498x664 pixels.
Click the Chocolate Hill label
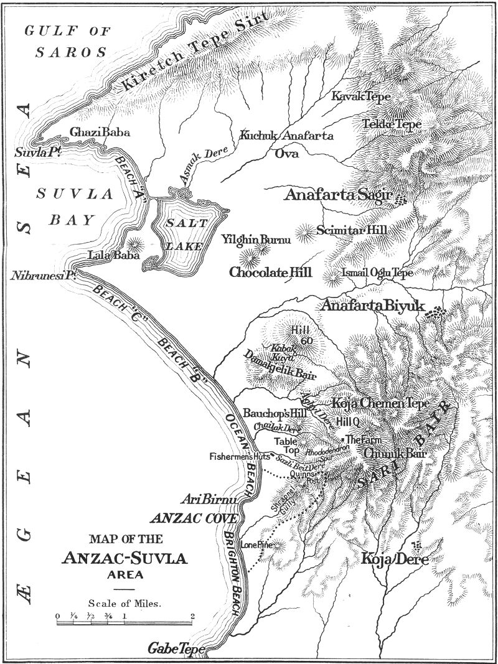[x=270, y=273]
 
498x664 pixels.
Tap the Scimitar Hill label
[x=351, y=230]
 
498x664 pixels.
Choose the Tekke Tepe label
[x=392, y=124]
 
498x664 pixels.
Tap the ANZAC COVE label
[x=194, y=518]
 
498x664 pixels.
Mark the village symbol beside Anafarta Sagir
[x=401, y=199]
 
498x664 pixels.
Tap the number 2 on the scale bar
[x=194, y=615]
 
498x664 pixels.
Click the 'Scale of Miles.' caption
[x=125, y=602]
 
